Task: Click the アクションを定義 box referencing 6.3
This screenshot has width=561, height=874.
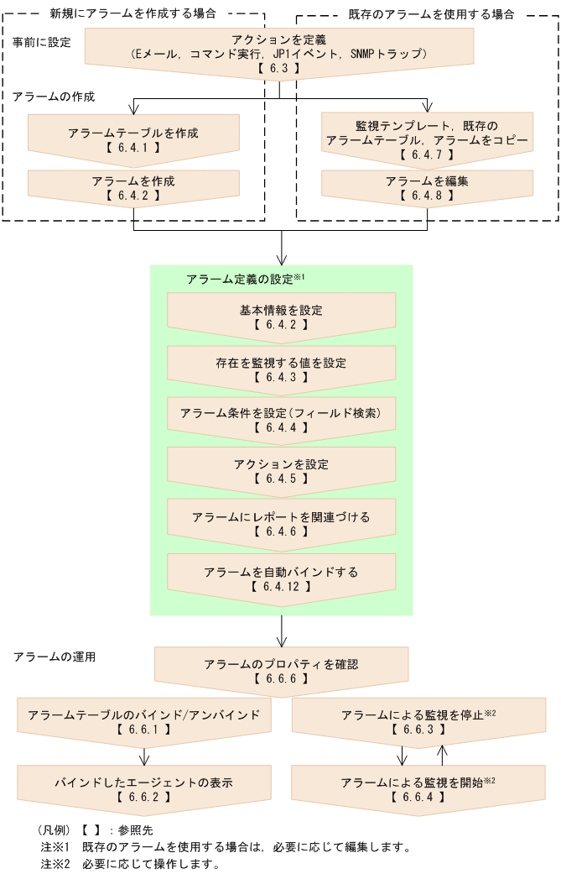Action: coord(280,53)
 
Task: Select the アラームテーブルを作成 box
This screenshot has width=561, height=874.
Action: coord(134,139)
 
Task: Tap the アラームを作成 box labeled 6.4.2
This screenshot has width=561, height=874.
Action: coord(134,187)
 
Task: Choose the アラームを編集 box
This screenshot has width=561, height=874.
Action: coord(427,187)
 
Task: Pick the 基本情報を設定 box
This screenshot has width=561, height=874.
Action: coord(281,316)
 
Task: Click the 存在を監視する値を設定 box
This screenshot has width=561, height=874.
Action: coord(281,369)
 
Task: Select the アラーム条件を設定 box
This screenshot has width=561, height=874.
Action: coord(281,420)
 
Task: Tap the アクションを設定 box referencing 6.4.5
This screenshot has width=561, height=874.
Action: coord(281,470)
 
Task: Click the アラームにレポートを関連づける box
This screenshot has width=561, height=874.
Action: coord(281,523)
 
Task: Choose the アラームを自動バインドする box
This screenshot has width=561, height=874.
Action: coord(281,578)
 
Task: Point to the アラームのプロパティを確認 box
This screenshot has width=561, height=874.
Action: coord(281,670)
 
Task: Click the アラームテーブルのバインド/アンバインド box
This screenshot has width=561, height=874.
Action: coord(144,721)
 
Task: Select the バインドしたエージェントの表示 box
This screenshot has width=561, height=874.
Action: coord(144,788)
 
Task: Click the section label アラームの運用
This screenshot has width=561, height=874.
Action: coord(55,657)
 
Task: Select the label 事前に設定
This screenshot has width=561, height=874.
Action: coord(42,41)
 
